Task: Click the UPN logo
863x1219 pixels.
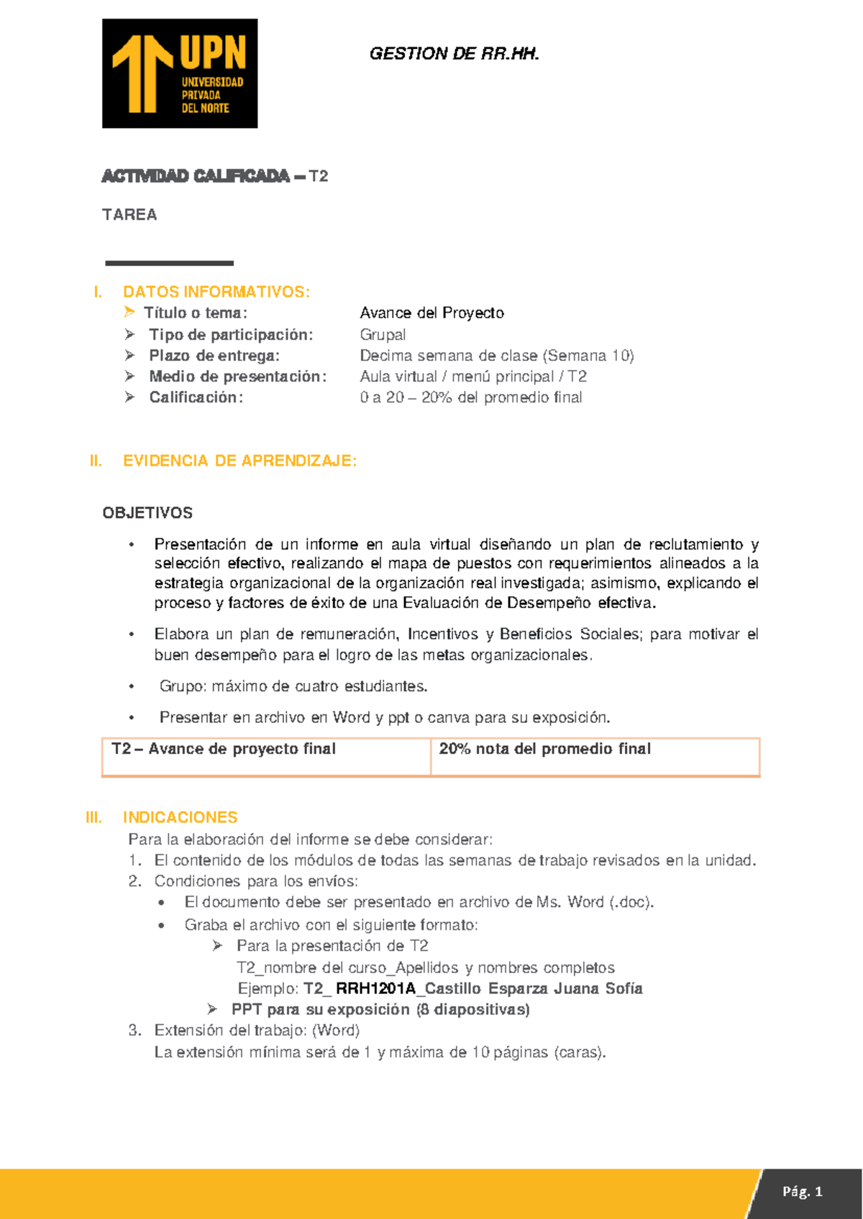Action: coord(180,73)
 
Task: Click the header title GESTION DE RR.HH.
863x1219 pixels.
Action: coord(454,54)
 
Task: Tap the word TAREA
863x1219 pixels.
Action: coord(129,215)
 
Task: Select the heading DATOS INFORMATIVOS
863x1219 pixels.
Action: coord(216,292)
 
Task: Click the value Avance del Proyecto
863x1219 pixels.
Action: coord(431,313)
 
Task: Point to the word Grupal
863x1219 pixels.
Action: coord(383,335)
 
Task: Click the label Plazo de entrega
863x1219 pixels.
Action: coord(214,356)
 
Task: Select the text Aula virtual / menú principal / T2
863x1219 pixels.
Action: coord(473,377)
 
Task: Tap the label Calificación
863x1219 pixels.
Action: coord(196,397)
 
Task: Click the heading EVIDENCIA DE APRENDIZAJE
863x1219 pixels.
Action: coord(239,461)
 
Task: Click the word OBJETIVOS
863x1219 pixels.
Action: coord(147,513)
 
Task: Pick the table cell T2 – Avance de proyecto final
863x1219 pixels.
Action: coord(224,749)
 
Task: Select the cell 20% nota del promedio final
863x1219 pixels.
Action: coord(544,749)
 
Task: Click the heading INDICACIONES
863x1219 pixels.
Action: coord(180,817)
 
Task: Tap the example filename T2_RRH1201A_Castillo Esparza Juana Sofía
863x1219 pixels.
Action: coord(472,989)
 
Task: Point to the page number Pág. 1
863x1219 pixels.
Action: coord(802,1192)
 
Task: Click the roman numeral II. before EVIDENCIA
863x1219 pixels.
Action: coord(96,461)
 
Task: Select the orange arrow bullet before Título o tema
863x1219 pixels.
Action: coord(129,312)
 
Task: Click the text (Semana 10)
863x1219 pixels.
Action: coord(589,356)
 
